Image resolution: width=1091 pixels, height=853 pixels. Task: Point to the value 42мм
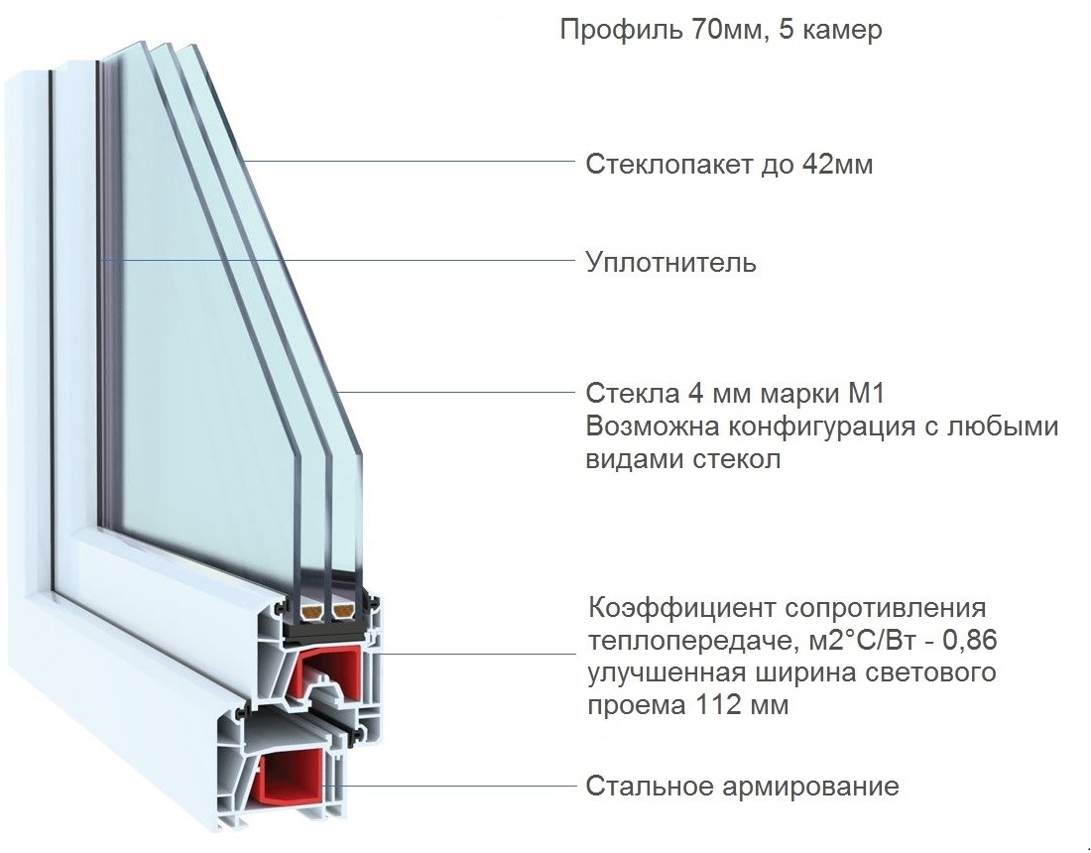[837, 165]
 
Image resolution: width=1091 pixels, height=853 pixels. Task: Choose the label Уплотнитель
[670, 263]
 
